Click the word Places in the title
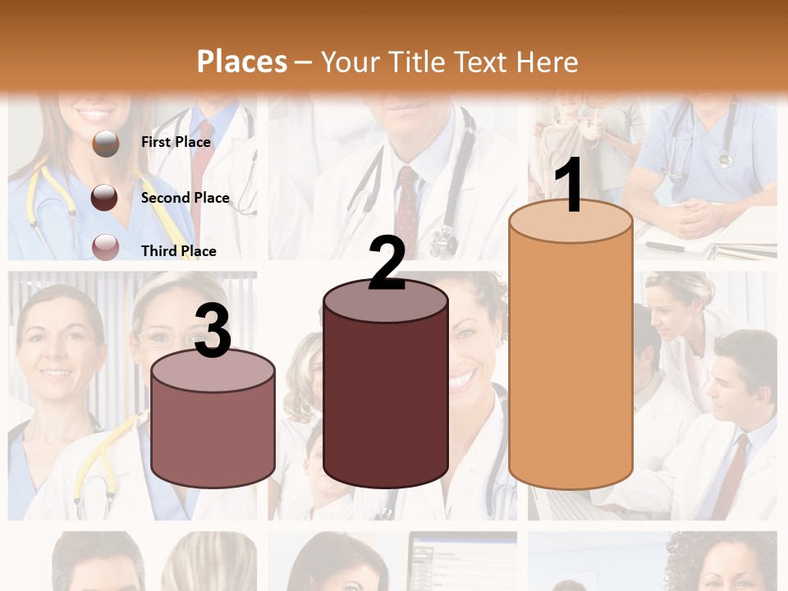[242, 62]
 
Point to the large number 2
[387, 263]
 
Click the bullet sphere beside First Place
[105, 144]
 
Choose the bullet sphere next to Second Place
[105, 197]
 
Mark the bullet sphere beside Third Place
[105, 248]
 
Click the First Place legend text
[176, 142]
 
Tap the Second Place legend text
[185, 198]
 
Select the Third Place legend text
[178, 251]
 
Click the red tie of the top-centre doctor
[407, 205]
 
